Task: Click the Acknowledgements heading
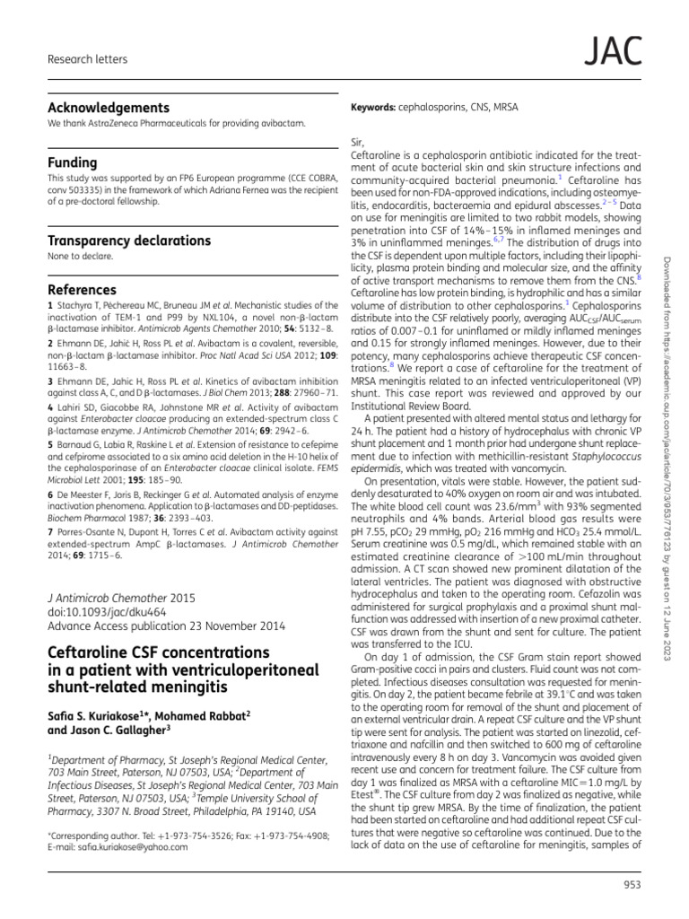108,107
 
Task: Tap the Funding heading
72,162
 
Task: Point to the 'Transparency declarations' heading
129,241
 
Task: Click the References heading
82,290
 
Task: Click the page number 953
632,888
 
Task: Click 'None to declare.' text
81,257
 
